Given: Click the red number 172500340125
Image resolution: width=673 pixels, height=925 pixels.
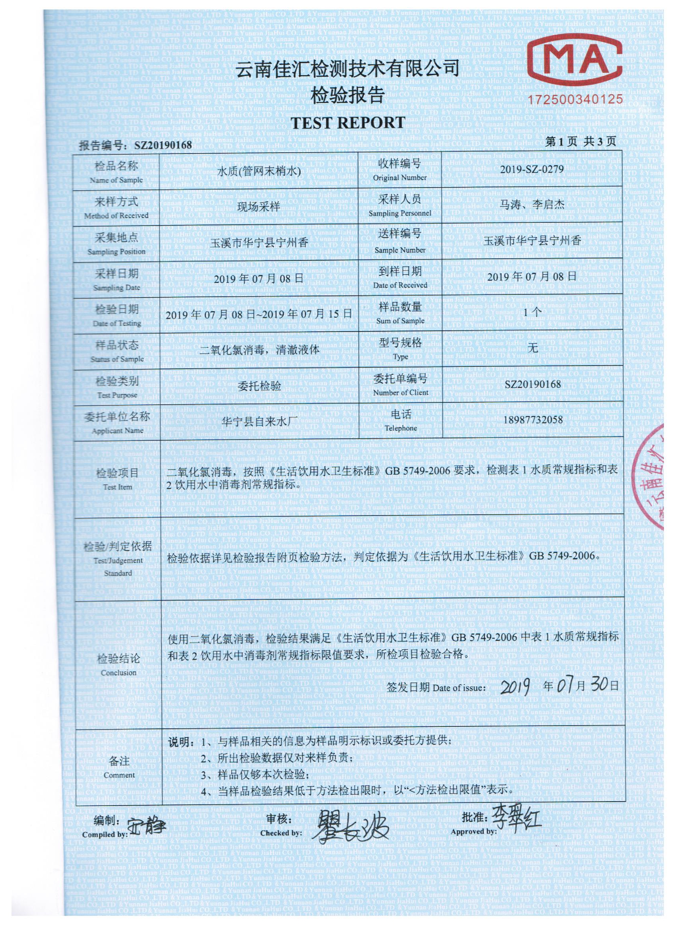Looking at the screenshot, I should pyautogui.click(x=576, y=99).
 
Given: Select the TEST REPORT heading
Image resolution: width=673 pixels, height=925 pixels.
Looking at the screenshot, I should pyautogui.click(x=348, y=122).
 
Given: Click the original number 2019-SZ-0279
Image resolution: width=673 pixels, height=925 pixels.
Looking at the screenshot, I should pyautogui.click(x=532, y=169).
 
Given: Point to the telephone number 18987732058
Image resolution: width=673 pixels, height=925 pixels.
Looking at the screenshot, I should pyautogui.click(x=532, y=420).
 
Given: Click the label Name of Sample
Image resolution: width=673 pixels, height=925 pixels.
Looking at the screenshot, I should pyautogui.click(x=116, y=180).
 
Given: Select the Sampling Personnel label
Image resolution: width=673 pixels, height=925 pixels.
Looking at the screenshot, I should pyautogui.click(x=399, y=213).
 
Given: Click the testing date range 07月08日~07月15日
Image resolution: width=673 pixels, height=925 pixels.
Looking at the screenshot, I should pyautogui.click(x=260, y=314).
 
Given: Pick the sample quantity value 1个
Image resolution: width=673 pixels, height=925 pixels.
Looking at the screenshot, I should pyautogui.click(x=532, y=313).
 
